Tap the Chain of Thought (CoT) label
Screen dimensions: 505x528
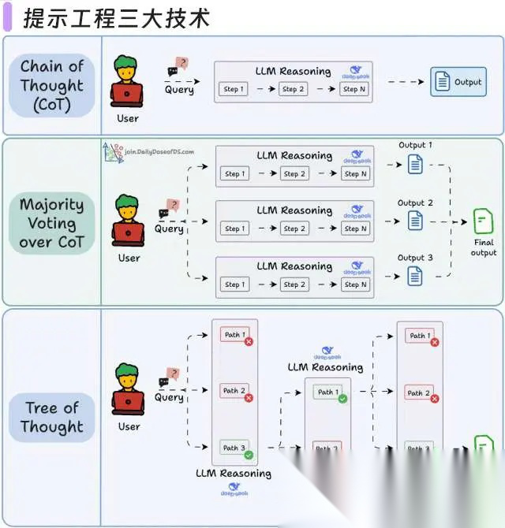tap(51, 85)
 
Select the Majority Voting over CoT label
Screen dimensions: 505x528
tap(51, 223)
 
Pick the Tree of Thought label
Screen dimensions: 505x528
tap(51, 417)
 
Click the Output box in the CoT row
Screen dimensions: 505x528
tap(458, 81)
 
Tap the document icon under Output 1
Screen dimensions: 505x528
tap(415, 165)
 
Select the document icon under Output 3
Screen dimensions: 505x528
tap(415, 276)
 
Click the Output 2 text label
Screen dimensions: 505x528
tap(415, 203)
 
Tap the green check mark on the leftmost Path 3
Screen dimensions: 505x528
tap(249, 455)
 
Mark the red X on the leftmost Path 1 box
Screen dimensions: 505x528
tap(249, 341)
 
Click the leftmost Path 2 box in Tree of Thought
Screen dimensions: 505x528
tap(234, 391)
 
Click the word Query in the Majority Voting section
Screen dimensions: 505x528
tap(169, 229)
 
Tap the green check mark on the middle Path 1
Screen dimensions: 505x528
tap(342, 399)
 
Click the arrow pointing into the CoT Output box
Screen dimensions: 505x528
tap(406, 81)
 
